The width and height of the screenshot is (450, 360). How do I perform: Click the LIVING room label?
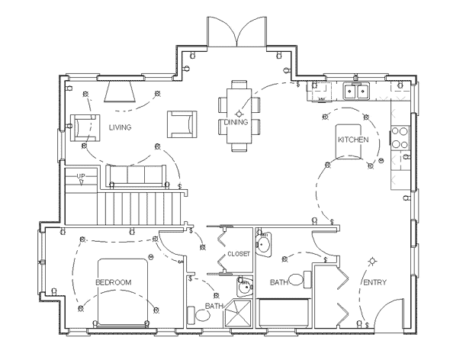click(120, 127)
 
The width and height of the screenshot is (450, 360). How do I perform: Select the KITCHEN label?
click(355, 140)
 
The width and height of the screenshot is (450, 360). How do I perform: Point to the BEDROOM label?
click(113, 282)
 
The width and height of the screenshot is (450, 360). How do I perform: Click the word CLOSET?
click(238, 254)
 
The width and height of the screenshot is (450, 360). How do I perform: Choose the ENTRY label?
click(374, 283)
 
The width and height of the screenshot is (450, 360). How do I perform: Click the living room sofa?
click(135, 176)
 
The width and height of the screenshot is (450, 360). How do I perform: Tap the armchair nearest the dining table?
click(182, 123)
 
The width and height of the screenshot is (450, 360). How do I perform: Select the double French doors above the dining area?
click(237, 31)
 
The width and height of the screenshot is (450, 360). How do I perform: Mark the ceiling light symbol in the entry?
click(372, 259)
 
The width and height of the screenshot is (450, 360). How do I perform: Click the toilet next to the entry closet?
click(305, 280)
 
